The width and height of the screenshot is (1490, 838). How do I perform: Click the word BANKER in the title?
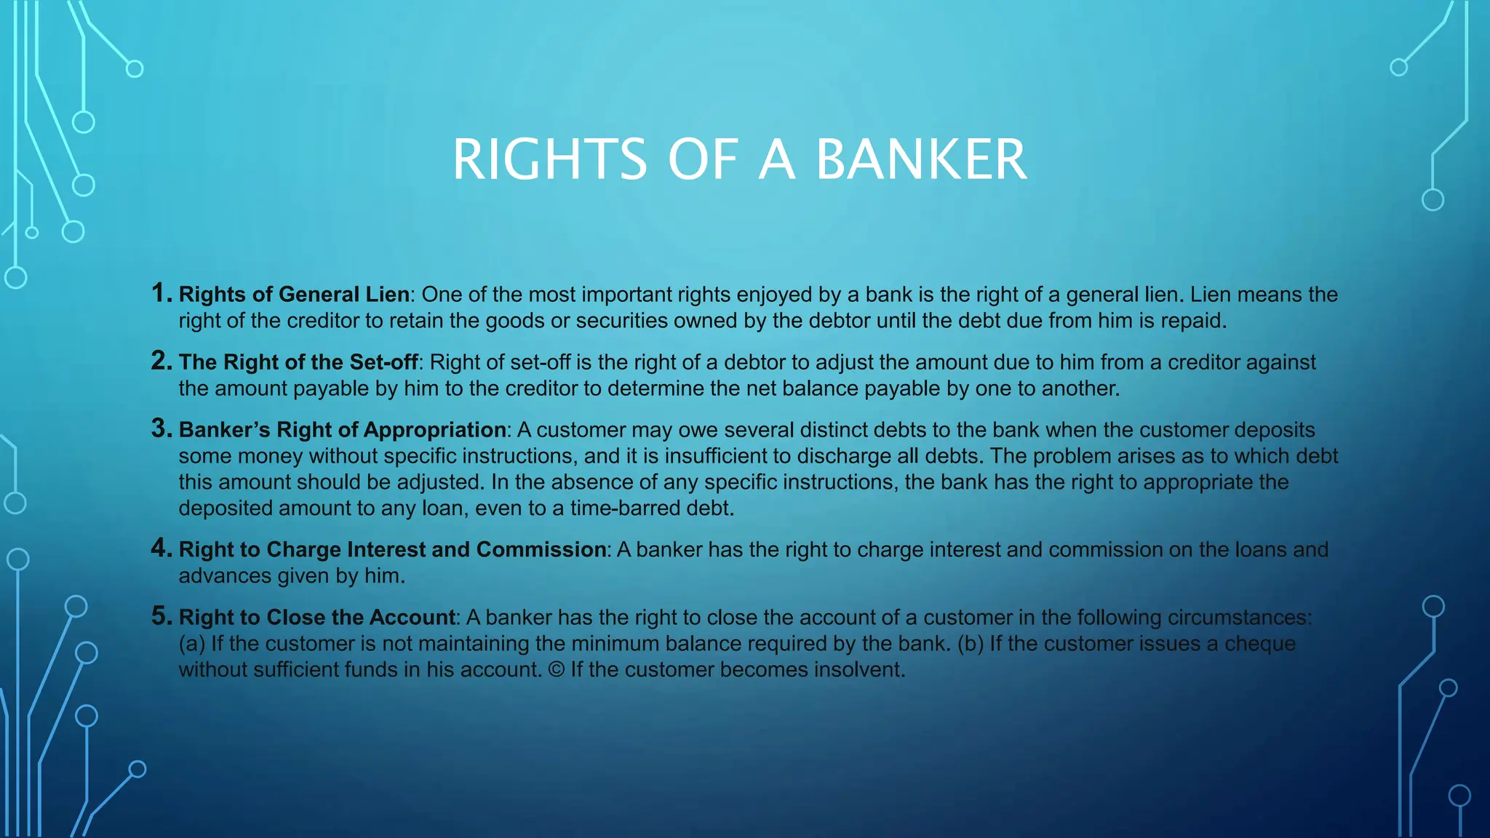(921, 159)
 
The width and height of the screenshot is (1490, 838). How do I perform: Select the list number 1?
(161, 293)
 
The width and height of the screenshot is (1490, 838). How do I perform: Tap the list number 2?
(161, 361)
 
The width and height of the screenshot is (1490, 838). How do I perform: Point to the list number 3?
(161, 428)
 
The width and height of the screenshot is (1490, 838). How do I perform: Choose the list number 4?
(161, 548)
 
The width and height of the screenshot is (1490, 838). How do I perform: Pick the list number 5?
(161, 616)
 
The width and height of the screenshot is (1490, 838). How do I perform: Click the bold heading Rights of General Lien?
(294, 294)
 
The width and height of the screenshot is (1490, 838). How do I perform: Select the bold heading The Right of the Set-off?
(298, 362)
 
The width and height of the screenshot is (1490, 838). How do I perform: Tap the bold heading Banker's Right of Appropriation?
(343, 430)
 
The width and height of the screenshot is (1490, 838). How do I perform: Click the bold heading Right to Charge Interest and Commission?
(392, 549)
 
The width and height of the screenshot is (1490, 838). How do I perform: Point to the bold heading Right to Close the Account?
(316, 617)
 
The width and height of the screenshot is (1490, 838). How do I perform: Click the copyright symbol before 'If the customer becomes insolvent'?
(556, 669)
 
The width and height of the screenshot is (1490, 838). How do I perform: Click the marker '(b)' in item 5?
(971, 644)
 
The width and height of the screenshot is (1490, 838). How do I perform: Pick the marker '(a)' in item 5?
(192, 644)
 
